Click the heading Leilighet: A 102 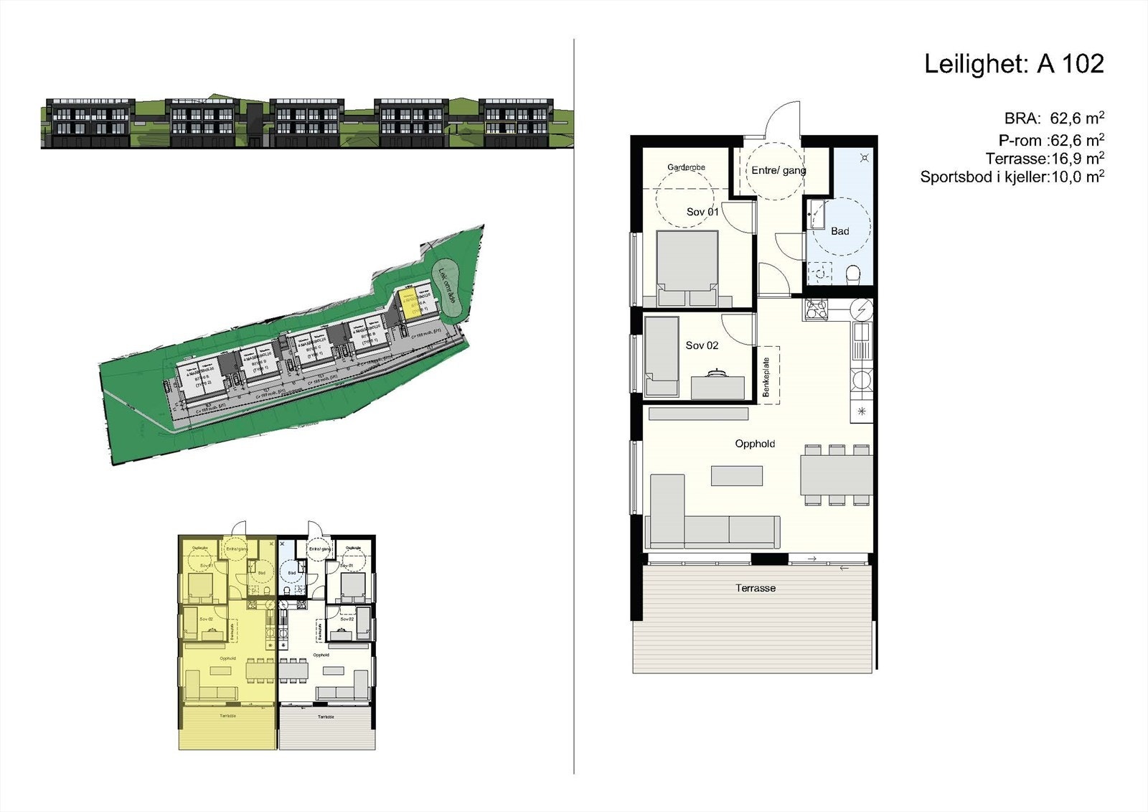click(x=1013, y=65)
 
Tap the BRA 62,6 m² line click(x=1053, y=118)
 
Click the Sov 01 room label click(x=702, y=212)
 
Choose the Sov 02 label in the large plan click(x=702, y=345)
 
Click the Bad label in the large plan click(x=839, y=231)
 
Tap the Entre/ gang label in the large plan click(x=778, y=171)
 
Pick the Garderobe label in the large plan click(x=686, y=167)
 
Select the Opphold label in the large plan click(x=755, y=444)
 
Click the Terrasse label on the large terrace click(x=755, y=588)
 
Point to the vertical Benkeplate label click(x=766, y=377)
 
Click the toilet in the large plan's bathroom click(x=853, y=274)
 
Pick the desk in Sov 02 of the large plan click(x=717, y=386)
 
